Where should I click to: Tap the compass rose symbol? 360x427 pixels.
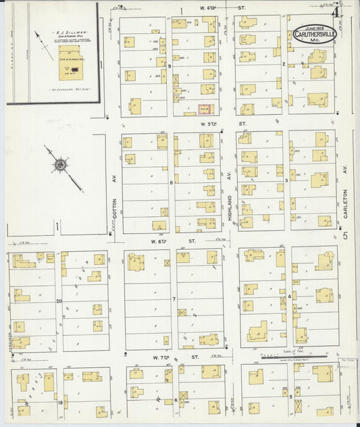pos(61,164)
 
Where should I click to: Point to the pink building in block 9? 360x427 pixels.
pos(203,108)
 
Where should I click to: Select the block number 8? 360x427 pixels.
pos(172,183)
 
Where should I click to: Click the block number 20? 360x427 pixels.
pos(59,301)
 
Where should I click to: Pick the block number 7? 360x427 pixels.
pos(174,299)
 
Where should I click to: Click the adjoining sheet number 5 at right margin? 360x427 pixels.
pos(344,236)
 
